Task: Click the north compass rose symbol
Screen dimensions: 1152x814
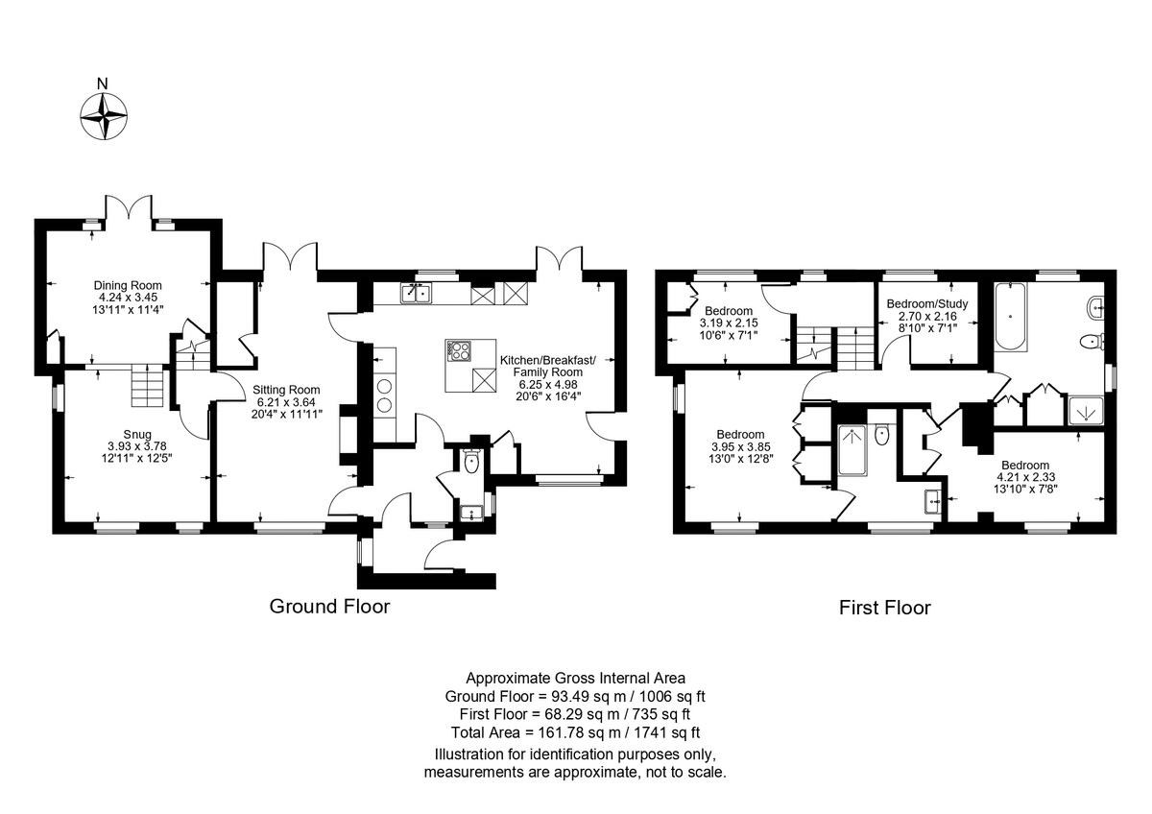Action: pyautogui.click(x=104, y=116)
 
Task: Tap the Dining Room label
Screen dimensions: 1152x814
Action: pyautogui.click(x=128, y=285)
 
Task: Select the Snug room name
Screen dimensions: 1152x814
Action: pyautogui.click(x=137, y=435)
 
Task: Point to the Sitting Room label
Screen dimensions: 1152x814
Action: pyautogui.click(x=286, y=390)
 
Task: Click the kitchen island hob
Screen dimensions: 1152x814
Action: pyautogui.click(x=459, y=350)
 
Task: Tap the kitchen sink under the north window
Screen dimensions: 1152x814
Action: pyautogui.click(x=416, y=294)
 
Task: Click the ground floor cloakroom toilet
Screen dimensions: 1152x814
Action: pyautogui.click(x=471, y=462)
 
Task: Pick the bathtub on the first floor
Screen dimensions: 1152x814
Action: pyautogui.click(x=1010, y=316)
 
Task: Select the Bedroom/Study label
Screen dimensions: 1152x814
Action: pyautogui.click(x=927, y=304)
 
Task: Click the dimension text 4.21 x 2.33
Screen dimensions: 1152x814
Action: pyautogui.click(x=1025, y=477)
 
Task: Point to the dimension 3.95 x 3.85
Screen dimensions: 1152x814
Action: pyautogui.click(x=740, y=446)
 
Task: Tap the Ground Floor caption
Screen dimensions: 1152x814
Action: pyautogui.click(x=329, y=607)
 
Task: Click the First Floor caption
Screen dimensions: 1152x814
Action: pyautogui.click(x=884, y=608)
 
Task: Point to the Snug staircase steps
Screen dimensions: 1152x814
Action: pyautogui.click(x=148, y=385)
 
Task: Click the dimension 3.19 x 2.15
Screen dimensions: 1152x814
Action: pyautogui.click(x=729, y=323)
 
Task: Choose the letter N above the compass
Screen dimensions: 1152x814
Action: pyautogui.click(x=103, y=84)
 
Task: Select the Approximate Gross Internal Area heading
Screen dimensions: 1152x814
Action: pyautogui.click(x=575, y=679)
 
